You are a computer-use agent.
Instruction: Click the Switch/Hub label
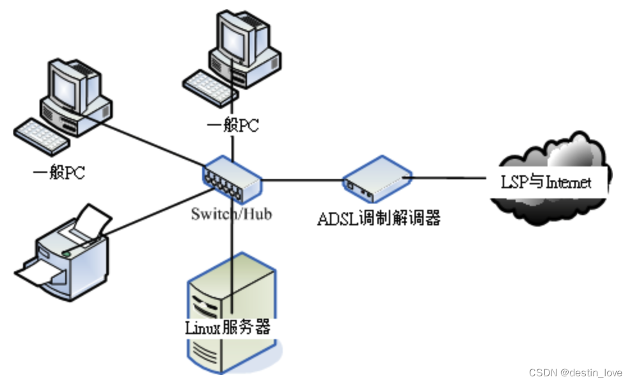(231, 213)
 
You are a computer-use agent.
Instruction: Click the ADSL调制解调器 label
(379, 218)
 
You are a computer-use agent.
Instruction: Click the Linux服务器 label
(228, 328)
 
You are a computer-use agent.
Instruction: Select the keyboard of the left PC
(40, 135)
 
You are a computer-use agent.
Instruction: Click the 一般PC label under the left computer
(58, 173)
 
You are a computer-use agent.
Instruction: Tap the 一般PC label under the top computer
(233, 125)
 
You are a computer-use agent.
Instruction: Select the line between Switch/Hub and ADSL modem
(301, 180)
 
